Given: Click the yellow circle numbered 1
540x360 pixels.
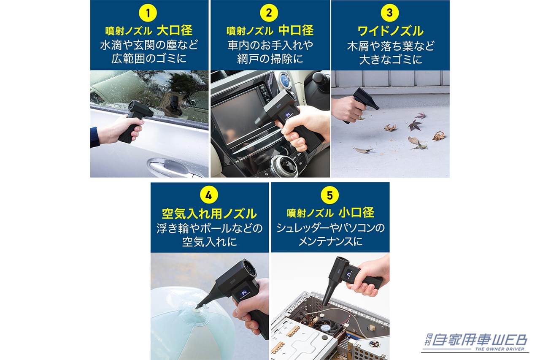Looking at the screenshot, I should [148, 14].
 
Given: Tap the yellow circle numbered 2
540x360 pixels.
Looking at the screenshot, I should [269, 14].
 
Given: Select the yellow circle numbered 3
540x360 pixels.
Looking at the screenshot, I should [389, 13].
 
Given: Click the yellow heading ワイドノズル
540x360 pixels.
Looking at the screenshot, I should [390, 31].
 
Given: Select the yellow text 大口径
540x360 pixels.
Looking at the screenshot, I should [175, 30].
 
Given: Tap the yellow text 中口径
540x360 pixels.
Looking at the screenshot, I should [296, 30].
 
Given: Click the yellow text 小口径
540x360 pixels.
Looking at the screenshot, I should [356, 212].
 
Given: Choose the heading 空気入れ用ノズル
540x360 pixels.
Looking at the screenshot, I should [209, 213].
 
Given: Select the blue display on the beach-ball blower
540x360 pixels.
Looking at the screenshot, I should [244, 293].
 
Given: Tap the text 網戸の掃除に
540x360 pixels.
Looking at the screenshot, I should [270, 59].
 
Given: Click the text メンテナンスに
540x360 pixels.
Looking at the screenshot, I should [330, 241].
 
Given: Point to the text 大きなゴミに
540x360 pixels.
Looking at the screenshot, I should [390, 59].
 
